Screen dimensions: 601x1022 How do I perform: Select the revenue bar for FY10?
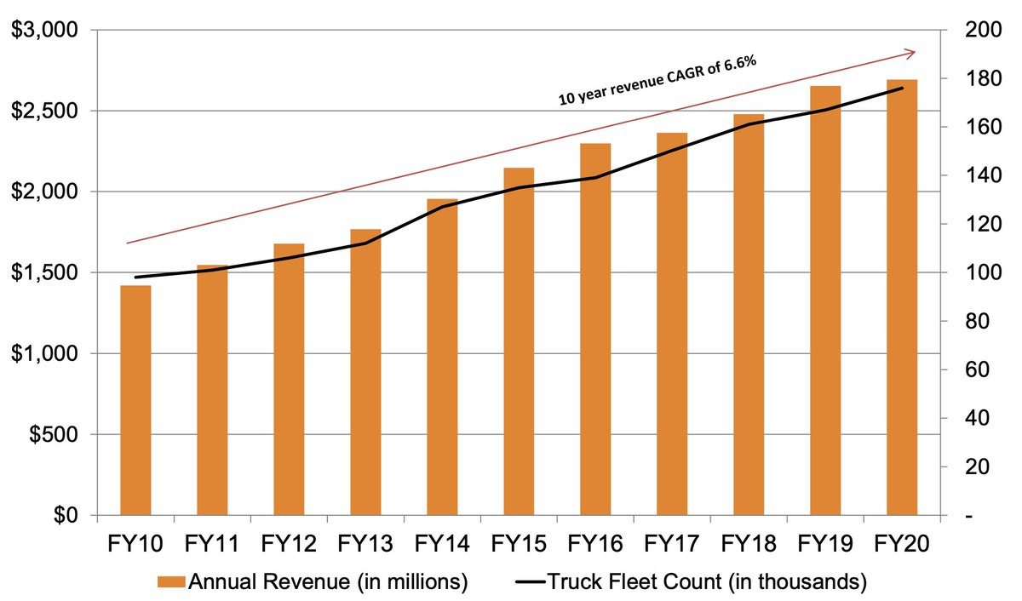pos(135,400)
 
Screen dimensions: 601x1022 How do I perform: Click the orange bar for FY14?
pos(442,358)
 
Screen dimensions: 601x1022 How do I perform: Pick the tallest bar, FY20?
pos(901,298)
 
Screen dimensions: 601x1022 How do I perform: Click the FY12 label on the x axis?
pos(289,542)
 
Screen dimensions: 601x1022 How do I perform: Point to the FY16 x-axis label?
pos(595,542)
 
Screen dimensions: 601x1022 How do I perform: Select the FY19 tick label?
pos(824,542)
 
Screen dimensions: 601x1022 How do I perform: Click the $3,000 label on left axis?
pos(43,31)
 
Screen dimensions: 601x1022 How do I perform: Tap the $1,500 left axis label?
pos(43,273)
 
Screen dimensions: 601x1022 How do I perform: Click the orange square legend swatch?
pos(170,582)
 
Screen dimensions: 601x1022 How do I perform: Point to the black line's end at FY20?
pos(901,89)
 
